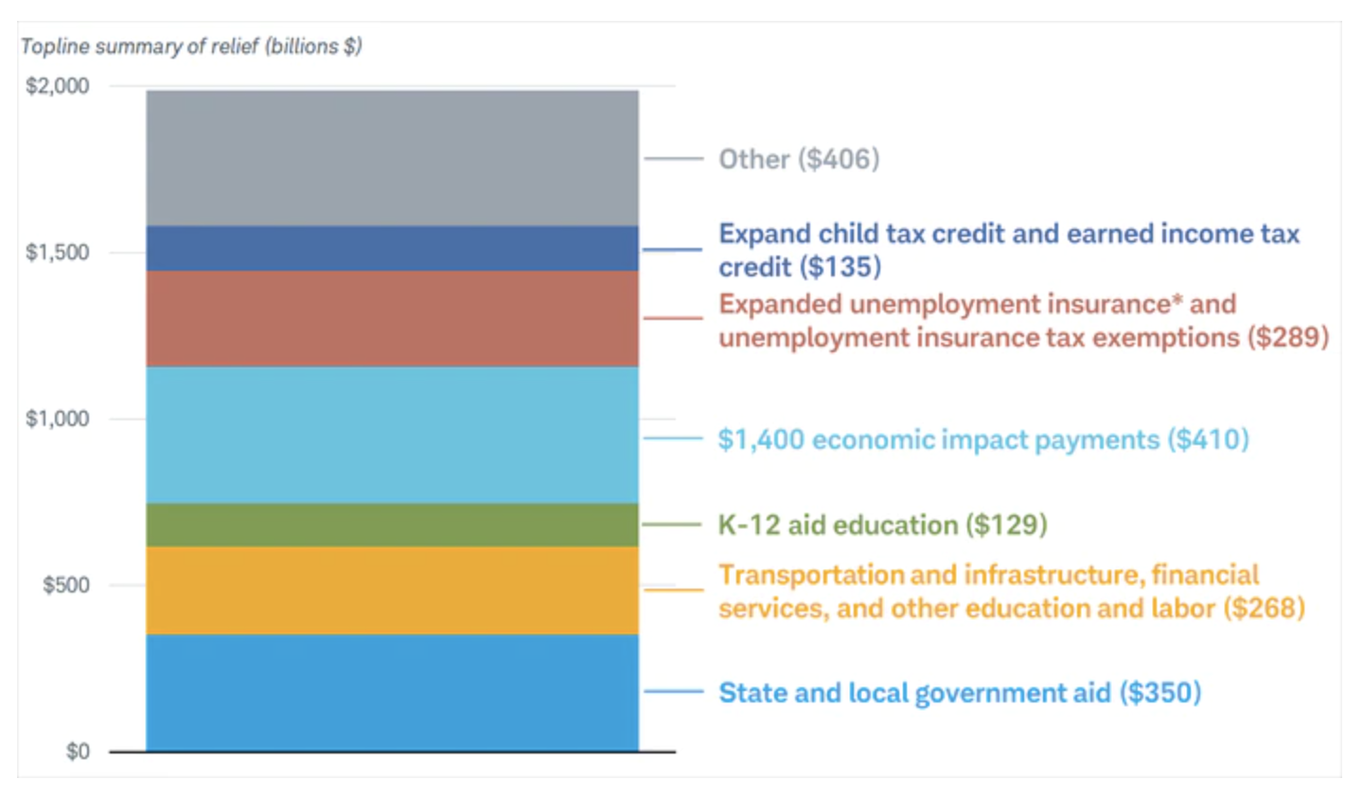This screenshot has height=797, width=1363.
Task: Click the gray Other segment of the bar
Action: pyautogui.click(x=393, y=158)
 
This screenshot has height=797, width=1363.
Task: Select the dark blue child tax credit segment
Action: pyautogui.click(x=393, y=248)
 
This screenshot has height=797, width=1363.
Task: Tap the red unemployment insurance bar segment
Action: pyautogui.click(x=393, y=319)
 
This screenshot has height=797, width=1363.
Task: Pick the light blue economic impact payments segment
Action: pyautogui.click(x=393, y=435)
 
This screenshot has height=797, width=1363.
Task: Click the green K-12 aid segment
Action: pyautogui.click(x=393, y=525)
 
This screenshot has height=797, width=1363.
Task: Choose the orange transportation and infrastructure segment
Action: pyautogui.click(x=393, y=590)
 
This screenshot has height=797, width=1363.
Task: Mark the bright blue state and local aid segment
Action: pyautogui.click(x=393, y=693)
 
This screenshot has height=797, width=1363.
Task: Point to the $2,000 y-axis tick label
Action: pyautogui.click(x=57, y=86)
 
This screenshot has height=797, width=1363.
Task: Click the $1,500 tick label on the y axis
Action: pyautogui.click(x=57, y=252)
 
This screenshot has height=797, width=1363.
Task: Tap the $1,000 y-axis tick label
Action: pyautogui.click(x=57, y=418)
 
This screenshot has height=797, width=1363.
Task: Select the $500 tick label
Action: pyautogui.click(x=65, y=585)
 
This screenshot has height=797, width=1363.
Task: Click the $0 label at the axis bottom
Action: pyautogui.click(x=78, y=752)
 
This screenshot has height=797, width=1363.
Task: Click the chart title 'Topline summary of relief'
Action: pyautogui.click(x=140, y=46)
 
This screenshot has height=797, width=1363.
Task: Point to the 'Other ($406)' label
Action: pyautogui.click(x=799, y=159)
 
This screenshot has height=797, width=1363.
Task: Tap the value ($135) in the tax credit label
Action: pyautogui.click(x=841, y=267)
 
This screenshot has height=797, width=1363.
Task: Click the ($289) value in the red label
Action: pyautogui.click(x=1288, y=338)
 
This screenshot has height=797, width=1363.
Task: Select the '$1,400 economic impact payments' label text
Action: pyautogui.click(x=939, y=439)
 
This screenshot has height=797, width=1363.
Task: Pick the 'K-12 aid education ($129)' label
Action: pyautogui.click(x=883, y=525)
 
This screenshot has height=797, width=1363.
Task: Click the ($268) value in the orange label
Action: pyautogui.click(x=1265, y=609)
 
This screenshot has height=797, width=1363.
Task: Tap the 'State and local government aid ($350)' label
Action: pyautogui.click(x=960, y=693)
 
